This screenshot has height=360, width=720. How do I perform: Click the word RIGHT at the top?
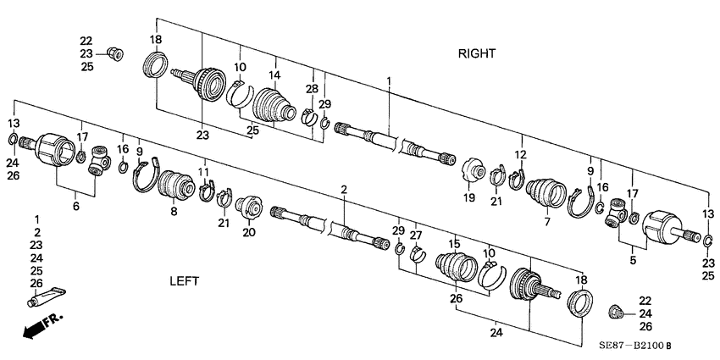point(477,53)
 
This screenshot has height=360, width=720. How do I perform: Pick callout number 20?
point(248,232)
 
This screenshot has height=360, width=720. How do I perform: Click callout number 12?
point(520,154)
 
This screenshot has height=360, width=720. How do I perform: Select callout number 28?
point(311,87)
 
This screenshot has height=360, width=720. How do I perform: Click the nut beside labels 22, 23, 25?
point(117,54)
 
